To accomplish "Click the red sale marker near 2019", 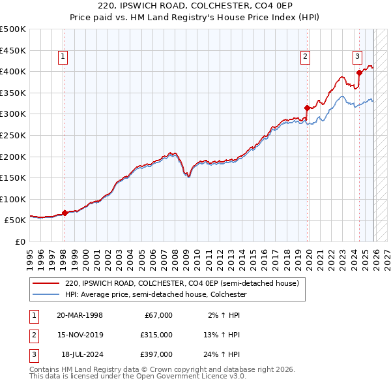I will coord(307,108).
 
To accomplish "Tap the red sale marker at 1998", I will coord(65,213).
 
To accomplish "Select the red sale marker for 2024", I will coord(359,73).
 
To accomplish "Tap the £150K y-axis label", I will coord(13,177).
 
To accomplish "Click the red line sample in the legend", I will coord(46,284).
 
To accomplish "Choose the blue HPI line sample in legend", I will coord(46,295).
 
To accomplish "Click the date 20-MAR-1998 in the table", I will coord(80,315).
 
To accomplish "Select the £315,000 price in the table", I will coord(156,335).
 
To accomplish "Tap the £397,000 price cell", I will coord(156,354).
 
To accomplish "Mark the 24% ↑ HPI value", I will coord(224,354).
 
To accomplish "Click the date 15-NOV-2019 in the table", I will coord(80,335).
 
